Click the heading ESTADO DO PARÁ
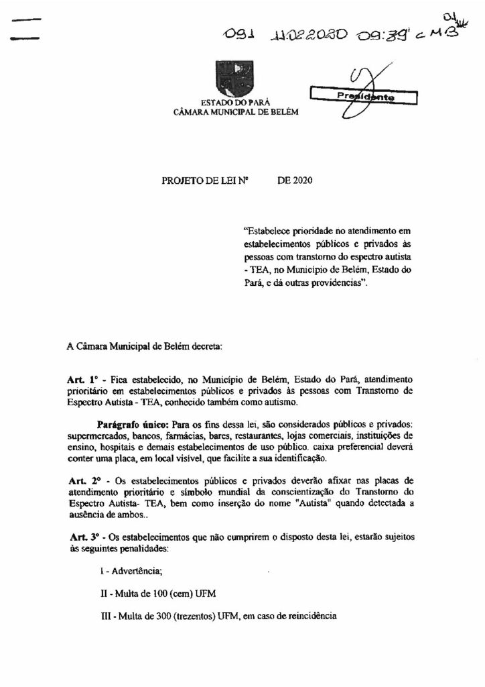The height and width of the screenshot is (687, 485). pos(230,102)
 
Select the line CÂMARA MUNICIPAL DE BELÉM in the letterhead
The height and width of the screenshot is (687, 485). pos(229,112)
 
